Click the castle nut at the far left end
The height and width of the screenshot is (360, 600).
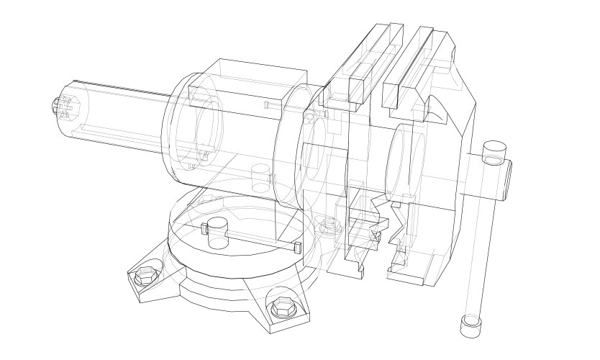tap(62, 109)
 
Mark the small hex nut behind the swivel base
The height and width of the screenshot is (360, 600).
tap(329, 228)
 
